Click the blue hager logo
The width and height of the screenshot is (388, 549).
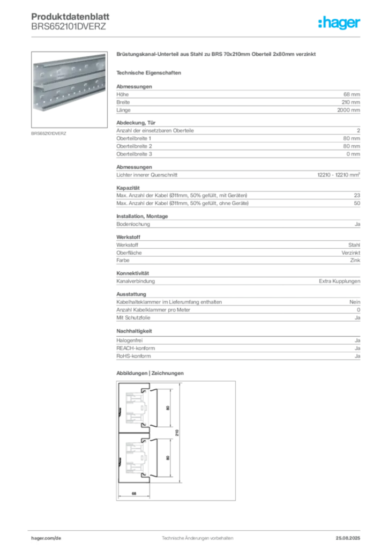click(x=340, y=24)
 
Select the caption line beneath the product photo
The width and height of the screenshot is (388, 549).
click(x=49, y=133)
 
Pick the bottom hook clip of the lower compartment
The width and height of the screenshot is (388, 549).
click(x=142, y=475)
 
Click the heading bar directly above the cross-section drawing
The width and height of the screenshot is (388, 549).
click(x=151, y=373)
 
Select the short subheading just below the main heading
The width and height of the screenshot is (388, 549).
click(x=151, y=72)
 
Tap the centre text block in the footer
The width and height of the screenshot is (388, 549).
click(x=195, y=535)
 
